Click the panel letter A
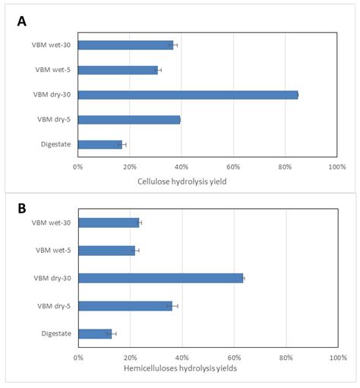click(22, 21)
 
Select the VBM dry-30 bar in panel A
click(188, 95)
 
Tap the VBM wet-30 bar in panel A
click(125, 45)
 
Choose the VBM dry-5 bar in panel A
click(128, 119)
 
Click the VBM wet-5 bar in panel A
click(118, 70)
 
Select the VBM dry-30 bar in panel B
click(160, 278)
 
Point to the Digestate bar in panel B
click(95, 333)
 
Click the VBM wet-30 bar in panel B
click(109, 222)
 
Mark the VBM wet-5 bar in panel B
click(106, 251)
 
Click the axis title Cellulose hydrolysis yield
click(182, 181)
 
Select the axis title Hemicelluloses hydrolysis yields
click(180, 368)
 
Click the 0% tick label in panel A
click(78, 166)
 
